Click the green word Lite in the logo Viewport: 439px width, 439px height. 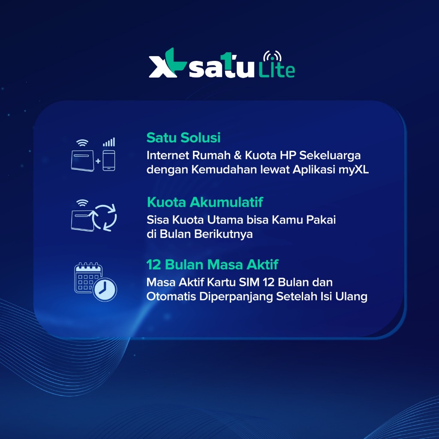[x=277, y=70]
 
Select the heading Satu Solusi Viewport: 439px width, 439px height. [x=183, y=138]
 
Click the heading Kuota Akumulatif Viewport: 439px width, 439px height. [x=205, y=202]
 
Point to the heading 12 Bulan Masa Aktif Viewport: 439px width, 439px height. [x=212, y=265]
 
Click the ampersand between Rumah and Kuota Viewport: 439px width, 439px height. [x=238, y=155]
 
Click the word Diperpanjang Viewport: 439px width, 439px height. [x=236, y=297]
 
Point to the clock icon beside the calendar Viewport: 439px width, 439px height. [x=105, y=289]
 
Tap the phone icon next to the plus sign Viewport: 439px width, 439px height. [x=108, y=160]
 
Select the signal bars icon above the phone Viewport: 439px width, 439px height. [x=109, y=142]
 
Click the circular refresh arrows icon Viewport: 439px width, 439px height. [x=104, y=218]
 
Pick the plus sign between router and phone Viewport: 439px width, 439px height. [x=98, y=161]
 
